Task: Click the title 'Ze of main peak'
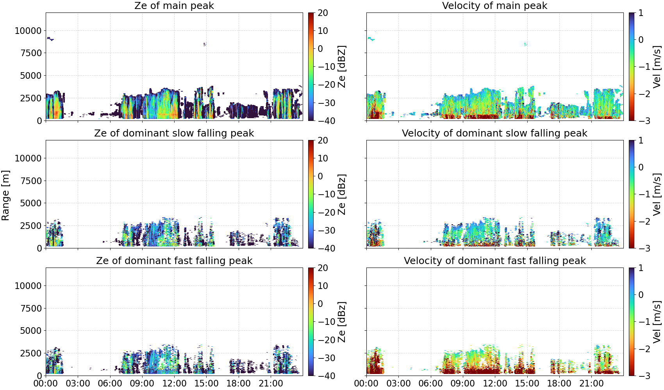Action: click(x=174, y=5)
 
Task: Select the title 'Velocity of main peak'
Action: click(x=495, y=5)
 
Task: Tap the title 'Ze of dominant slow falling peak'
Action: click(x=174, y=133)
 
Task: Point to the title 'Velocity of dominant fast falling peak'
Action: click(x=495, y=261)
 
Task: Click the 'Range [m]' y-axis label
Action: click(x=5, y=195)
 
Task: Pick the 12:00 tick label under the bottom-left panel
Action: click(x=174, y=383)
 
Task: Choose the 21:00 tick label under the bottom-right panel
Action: click(x=591, y=383)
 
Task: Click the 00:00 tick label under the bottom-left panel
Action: click(x=46, y=383)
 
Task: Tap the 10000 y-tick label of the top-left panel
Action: click(x=28, y=30)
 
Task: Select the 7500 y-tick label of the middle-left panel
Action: click(x=31, y=181)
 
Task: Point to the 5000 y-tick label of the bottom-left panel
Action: click(x=31, y=330)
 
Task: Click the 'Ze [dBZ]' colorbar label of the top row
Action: click(x=342, y=67)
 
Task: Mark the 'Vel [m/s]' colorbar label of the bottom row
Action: click(x=657, y=322)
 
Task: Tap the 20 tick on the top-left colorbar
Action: click(x=323, y=13)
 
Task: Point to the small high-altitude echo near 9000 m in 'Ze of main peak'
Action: click(x=50, y=39)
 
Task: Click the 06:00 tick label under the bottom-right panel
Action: click(x=431, y=383)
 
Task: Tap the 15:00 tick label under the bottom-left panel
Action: click(x=206, y=383)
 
